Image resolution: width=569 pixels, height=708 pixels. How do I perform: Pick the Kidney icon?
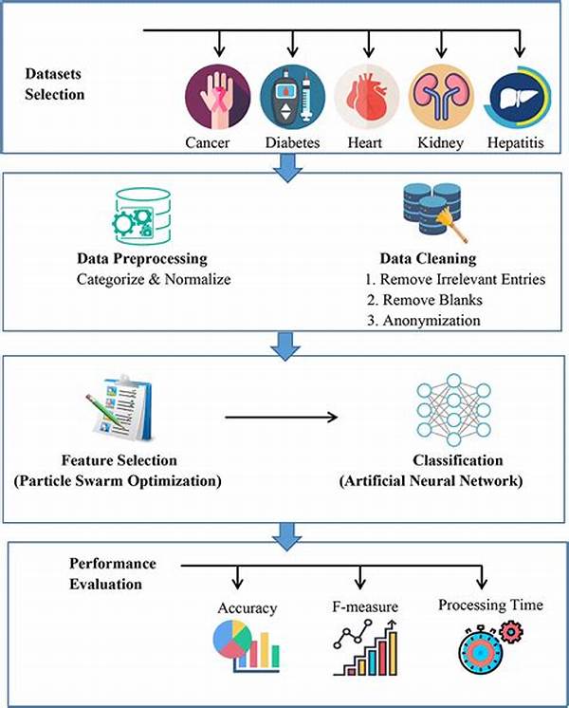(x=440, y=98)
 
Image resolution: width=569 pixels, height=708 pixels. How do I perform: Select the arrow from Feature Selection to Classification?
(x=283, y=415)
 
